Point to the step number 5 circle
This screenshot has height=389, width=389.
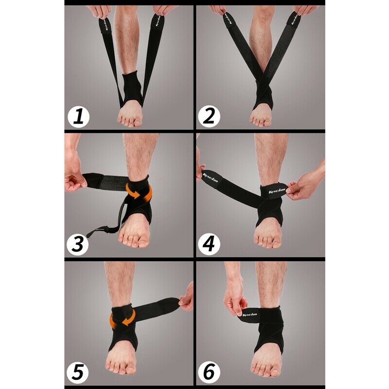(x=78, y=372)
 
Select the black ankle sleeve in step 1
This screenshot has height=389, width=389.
(x=130, y=88)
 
